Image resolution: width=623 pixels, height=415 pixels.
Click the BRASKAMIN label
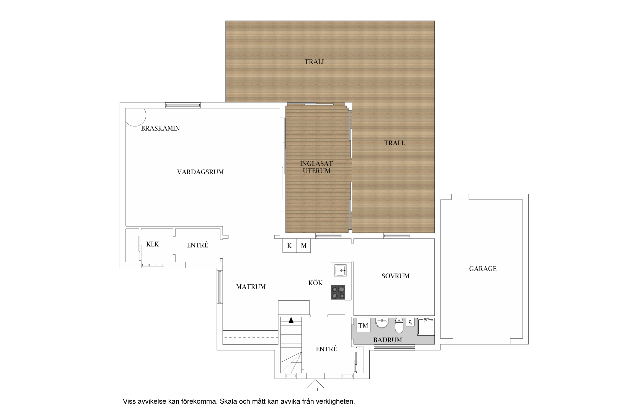click(x=160, y=128)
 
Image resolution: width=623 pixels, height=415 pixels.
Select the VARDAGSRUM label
click(x=200, y=172)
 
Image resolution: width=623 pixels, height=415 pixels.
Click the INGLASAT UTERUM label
click(x=316, y=167)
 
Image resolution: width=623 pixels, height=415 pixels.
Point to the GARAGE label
click(x=483, y=269)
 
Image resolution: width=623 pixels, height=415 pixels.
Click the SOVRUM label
click(x=395, y=276)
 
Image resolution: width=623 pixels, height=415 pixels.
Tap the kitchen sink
click(x=340, y=270)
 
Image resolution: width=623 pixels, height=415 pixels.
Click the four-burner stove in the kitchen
click(x=338, y=292)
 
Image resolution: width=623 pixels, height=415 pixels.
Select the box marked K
click(x=290, y=246)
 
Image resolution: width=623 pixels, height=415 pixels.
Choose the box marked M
click(x=304, y=246)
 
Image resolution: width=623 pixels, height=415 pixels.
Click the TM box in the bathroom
click(x=363, y=326)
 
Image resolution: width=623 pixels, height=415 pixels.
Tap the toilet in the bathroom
click(x=399, y=325)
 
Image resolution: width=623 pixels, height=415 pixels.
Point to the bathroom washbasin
click(x=382, y=323)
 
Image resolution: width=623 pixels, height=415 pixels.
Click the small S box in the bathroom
click(x=410, y=323)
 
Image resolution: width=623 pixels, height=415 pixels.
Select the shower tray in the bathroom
click(x=426, y=327)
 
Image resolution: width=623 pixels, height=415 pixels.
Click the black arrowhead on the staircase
click(x=291, y=320)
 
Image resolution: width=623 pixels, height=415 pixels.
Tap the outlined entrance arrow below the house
click(x=316, y=385)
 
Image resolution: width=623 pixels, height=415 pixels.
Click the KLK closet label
click(x=153, y=244)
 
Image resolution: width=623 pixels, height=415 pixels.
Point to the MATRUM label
click(x=251, y=287)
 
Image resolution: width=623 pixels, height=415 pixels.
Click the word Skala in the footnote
click(x=227, y=401)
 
